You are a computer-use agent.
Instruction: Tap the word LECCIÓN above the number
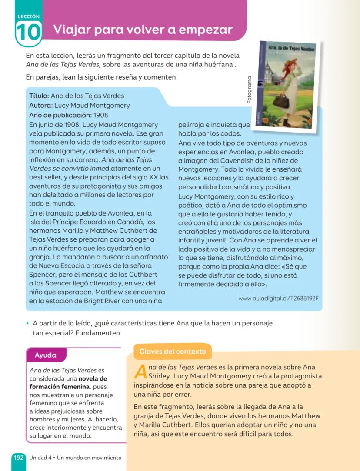click(x=28, y=17)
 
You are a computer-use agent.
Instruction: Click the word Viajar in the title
click(x=72, y=30)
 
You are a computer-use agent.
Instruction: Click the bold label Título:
click(x=39, y=96)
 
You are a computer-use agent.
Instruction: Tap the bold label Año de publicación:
click(x=60, y=115)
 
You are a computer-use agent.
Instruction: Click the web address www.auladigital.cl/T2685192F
click(x=278, y=298)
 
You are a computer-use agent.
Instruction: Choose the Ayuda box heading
click(x=46, y=355)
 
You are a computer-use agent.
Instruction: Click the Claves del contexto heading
click(x=173, y=351)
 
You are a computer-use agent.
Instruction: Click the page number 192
click(x=18, y=458)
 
